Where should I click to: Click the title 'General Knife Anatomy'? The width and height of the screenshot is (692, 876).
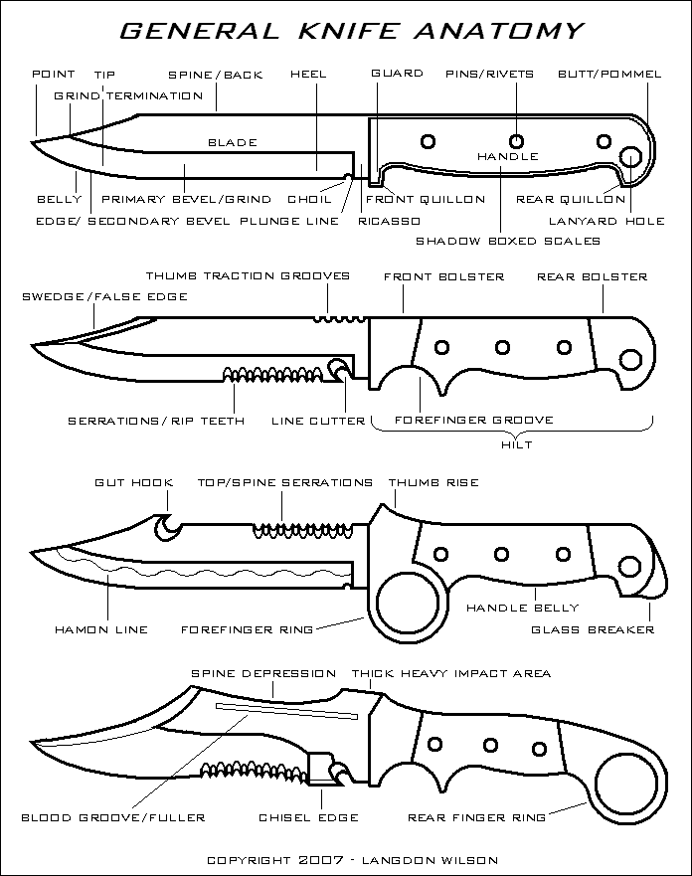351,31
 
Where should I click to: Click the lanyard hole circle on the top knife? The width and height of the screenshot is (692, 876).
630,157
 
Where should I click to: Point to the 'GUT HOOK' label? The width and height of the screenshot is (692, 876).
133,482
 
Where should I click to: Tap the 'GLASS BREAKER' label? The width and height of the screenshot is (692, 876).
606,629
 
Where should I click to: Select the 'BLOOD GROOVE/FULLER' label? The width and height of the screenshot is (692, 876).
114,817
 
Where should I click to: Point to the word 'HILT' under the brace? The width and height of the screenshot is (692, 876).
517,444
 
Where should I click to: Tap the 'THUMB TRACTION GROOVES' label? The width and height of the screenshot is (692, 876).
248,275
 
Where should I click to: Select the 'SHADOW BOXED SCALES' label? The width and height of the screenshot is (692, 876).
508,241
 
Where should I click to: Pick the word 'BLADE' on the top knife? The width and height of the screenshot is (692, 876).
232,142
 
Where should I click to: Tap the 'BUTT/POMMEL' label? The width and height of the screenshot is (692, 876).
603,74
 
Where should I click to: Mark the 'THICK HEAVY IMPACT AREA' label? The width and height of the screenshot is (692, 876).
450,673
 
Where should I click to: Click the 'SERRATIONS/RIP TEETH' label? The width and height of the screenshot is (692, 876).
156,421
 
